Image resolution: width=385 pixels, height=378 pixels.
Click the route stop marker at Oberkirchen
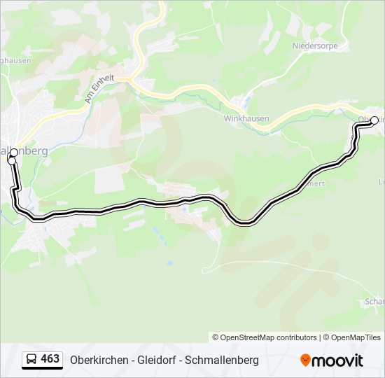click(x=374, y=120)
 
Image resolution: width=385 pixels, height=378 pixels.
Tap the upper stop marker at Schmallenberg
click(x=14, y=153)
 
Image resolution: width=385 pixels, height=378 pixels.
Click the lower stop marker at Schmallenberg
click(x=11, y=161)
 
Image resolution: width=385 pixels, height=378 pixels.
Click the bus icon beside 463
click(x=31, y=359)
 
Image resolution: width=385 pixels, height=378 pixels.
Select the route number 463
click(x=50, y=359)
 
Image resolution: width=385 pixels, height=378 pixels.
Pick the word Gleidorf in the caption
click(x=157, y=360)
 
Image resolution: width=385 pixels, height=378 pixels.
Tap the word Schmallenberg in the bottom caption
click(x=224, y=360)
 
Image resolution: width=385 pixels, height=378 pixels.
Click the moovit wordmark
click(x=338, y=360)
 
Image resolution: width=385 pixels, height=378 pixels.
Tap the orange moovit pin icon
click(x=306, y=360)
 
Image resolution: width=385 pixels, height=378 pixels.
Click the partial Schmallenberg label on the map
click(x=24, y=150)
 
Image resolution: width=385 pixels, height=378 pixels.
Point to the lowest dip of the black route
click(x=244, y=223)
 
